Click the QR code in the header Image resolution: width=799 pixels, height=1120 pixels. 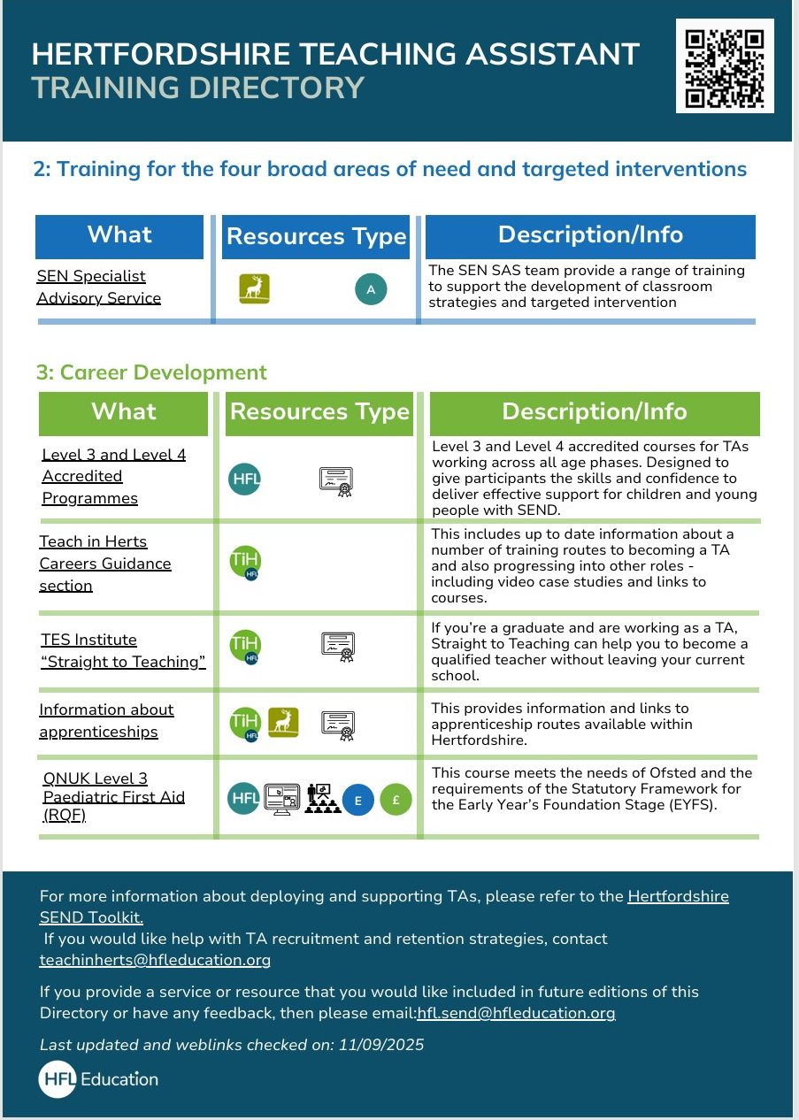point(725,66)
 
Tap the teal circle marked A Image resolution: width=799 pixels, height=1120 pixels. point(371,289)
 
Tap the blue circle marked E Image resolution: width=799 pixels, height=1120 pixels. point(357,800)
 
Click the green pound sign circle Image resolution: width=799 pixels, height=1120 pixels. point(396,800)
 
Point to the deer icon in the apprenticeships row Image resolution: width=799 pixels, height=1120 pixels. point(283,723)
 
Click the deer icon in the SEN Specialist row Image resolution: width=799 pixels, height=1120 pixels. point(255,288)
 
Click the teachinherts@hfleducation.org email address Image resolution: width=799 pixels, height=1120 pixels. point(155,959)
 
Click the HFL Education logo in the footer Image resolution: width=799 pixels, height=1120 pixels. point(98,1079)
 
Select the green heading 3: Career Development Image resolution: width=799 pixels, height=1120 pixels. point(151,372)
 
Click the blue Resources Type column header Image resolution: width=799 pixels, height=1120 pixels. point(316,237)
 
